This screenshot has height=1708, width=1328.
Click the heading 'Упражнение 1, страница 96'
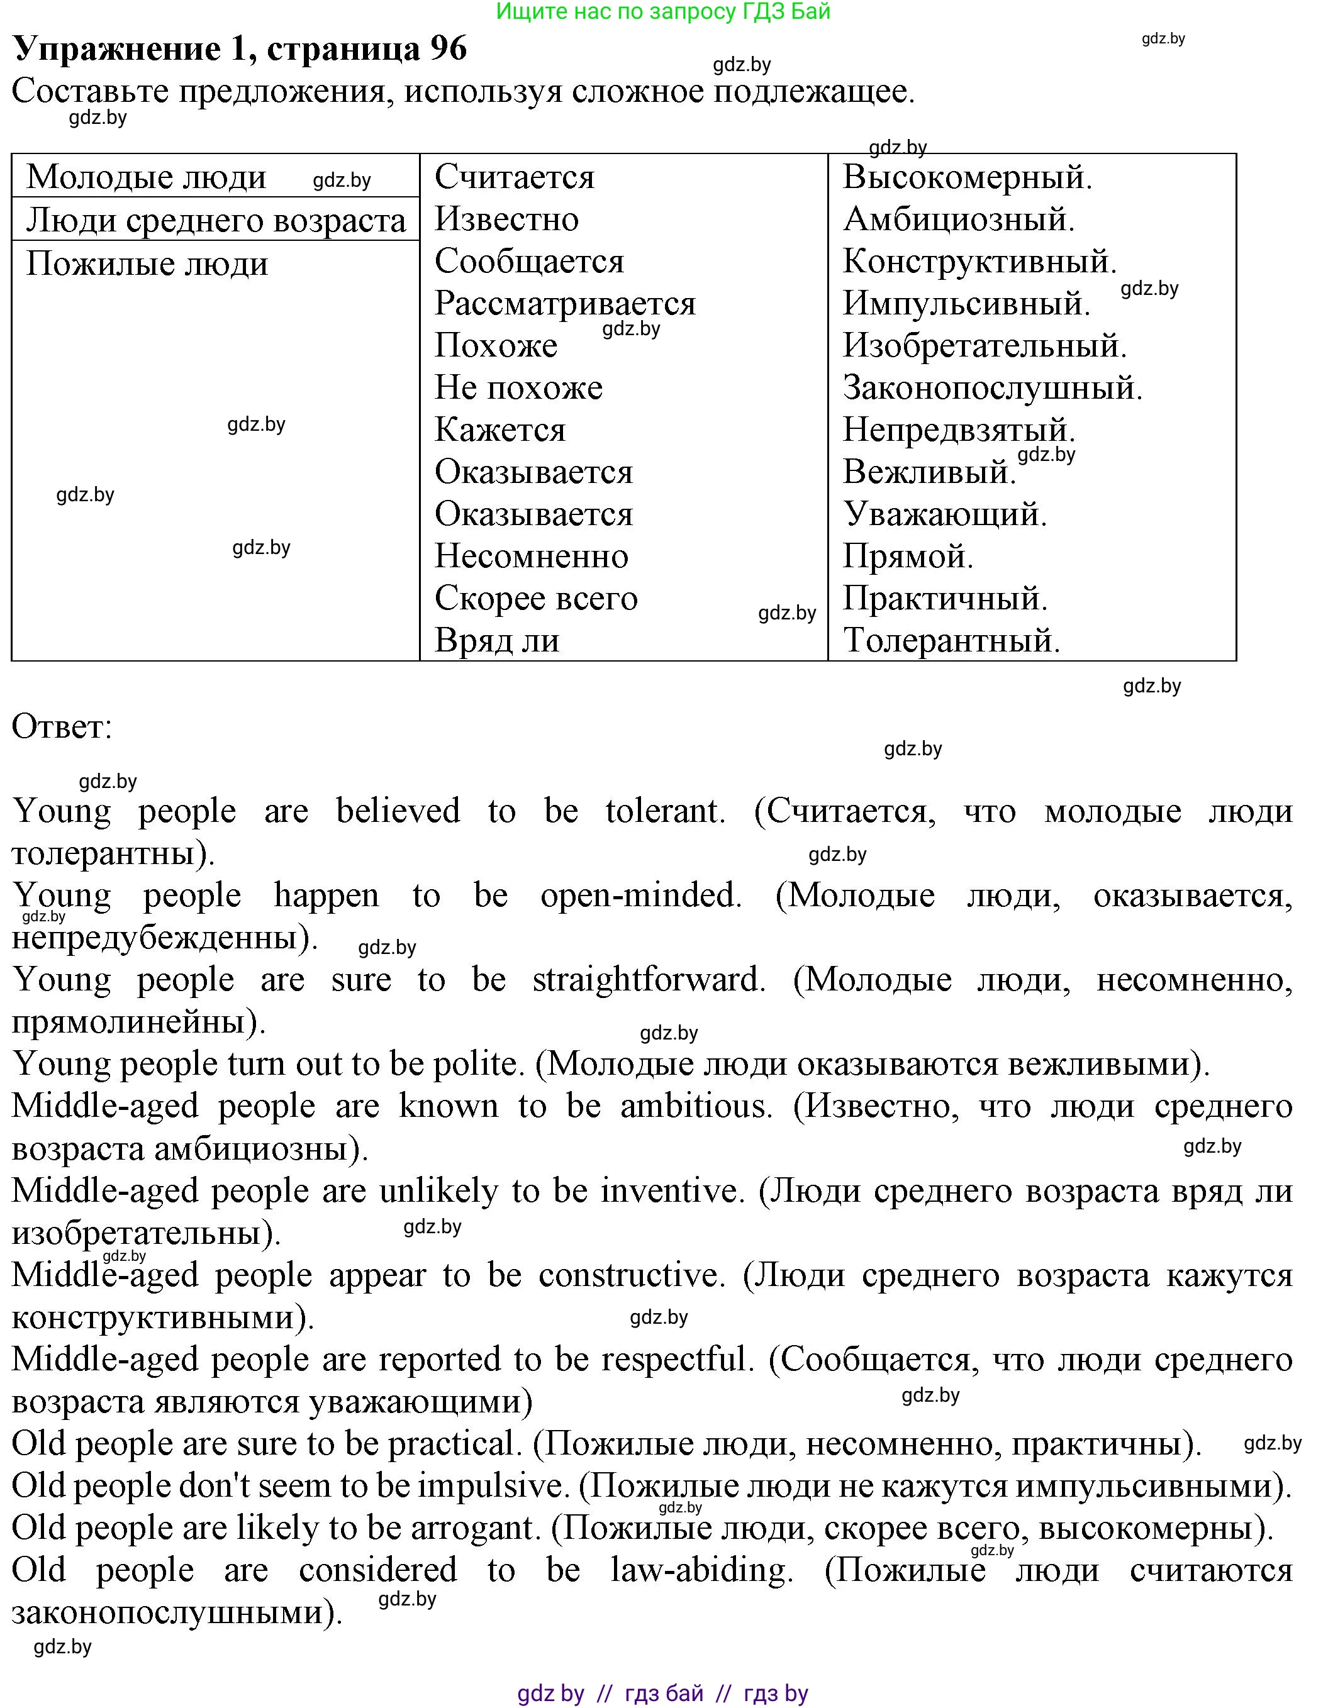240,49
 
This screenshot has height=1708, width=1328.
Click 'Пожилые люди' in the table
147,264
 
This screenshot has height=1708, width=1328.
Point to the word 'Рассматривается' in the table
565,304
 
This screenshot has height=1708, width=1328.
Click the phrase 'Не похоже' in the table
518,388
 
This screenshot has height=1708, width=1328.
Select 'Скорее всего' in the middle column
536,598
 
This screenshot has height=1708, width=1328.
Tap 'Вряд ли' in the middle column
496,640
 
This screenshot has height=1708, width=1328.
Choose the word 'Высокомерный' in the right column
967,177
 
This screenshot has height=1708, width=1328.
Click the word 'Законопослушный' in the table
991,388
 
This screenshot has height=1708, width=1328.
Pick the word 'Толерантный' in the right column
951,640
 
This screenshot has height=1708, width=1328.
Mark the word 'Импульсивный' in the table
966,304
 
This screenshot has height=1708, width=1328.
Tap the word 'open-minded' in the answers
640,896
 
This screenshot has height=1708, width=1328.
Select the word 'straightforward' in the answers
649,980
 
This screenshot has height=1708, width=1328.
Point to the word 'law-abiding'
701,1570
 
